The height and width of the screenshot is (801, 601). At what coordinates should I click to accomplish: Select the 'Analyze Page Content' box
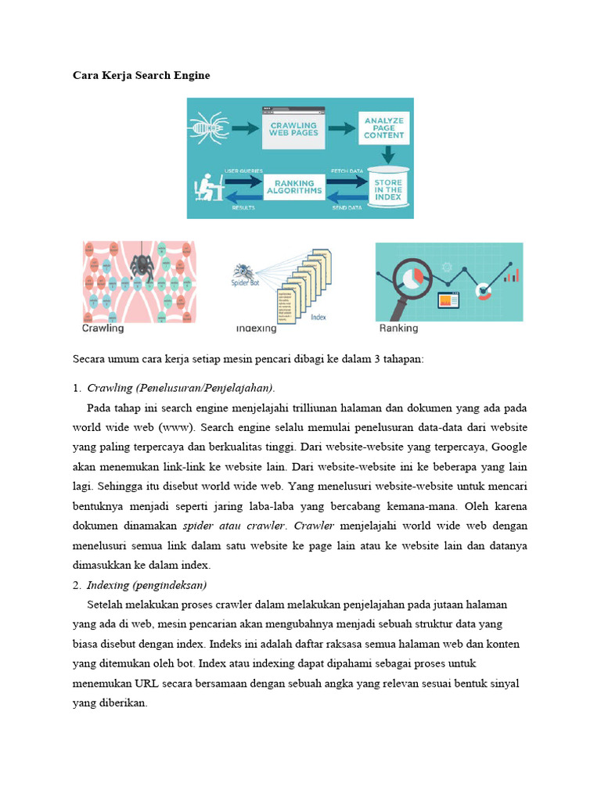click(383, 130)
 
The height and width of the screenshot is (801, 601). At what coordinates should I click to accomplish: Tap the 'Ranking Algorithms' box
click(293, 187)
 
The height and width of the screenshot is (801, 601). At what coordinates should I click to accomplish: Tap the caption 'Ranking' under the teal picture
click(398, 329)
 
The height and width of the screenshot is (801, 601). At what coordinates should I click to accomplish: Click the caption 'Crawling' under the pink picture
click(103, 329)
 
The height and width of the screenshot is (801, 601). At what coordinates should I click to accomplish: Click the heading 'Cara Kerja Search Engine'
click(141, 76)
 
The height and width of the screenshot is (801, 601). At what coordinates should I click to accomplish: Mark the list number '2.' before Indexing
click(77, 585)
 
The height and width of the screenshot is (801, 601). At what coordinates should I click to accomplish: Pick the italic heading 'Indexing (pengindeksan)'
click(146, 585)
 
